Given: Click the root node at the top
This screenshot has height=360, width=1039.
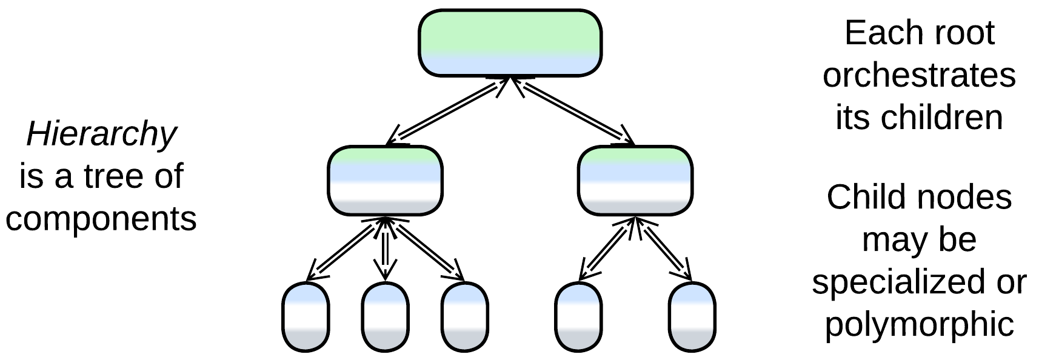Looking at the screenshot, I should (510, 43).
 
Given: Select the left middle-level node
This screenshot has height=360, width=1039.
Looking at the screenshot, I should (385, 181).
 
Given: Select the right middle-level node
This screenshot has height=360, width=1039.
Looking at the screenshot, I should (635, 181).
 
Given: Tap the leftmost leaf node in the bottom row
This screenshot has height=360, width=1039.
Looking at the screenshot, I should (306, 316).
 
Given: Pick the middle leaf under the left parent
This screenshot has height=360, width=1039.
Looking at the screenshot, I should (385, 316).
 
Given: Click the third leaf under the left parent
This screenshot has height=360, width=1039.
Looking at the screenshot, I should (464, 316).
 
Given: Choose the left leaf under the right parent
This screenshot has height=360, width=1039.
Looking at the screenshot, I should (579, 316).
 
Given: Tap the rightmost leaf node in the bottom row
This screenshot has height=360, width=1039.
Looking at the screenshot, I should (692, 316).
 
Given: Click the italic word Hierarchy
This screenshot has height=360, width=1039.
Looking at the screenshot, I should (101, 135).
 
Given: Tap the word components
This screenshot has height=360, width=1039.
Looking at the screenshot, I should (101, 218).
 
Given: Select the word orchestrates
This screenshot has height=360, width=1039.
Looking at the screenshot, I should (919, 75).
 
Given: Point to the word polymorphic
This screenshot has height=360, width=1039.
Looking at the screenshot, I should (919, 324).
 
